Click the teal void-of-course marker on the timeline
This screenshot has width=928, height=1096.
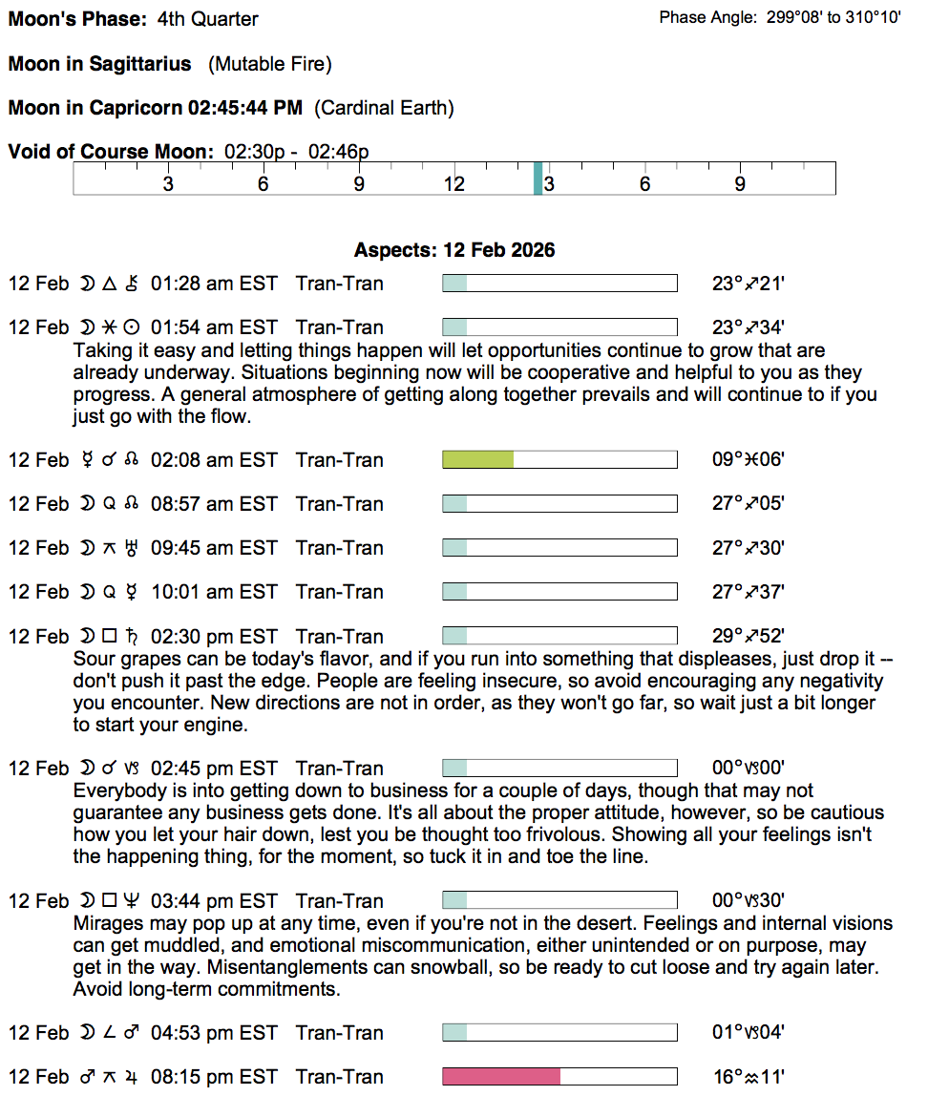point(538,179)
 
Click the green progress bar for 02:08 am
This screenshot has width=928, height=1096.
point(478,460)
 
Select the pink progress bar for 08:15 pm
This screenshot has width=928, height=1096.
point(501,1077)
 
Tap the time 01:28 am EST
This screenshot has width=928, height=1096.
point(214,284)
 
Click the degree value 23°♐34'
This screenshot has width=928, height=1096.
point(749,327)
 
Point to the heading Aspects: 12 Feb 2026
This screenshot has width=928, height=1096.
point(454,250)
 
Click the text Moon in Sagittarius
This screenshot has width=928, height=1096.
point(99,64)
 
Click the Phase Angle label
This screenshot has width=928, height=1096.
point(708,18)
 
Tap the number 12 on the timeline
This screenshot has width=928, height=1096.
point(453,184)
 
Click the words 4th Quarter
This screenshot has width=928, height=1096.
point(207,19)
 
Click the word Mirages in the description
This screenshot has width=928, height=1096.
point(105,924)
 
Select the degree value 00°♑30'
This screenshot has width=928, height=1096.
point(749,901)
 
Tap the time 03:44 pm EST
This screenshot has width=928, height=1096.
point(214,901)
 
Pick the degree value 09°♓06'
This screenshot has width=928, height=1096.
point(749,460)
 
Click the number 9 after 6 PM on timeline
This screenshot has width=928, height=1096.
point(740,184)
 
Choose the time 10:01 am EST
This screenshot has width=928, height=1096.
point(214,592)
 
